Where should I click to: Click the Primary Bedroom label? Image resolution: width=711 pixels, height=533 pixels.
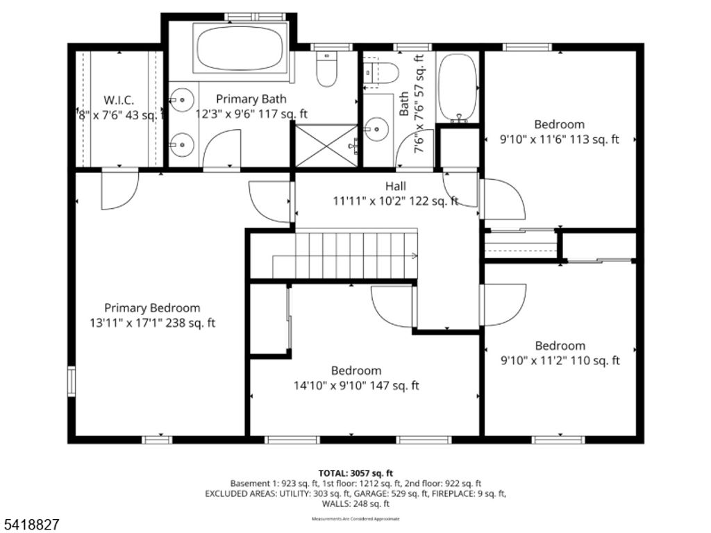[152, 307]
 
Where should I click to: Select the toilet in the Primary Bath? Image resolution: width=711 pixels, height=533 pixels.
[326, 68]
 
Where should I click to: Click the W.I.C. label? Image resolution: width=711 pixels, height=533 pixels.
[119, 100]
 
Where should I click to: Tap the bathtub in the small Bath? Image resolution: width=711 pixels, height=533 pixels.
[457, 87]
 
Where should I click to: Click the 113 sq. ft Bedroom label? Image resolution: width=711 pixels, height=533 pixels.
[559, 124]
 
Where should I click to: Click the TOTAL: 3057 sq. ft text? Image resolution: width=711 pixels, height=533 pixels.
[355, 473]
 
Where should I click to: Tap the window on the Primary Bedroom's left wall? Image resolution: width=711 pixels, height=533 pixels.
[71, 381]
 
